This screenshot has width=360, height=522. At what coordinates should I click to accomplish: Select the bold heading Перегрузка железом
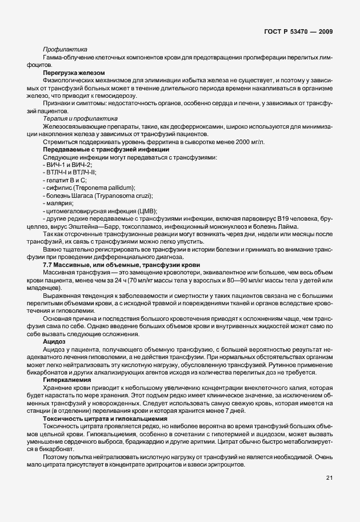click(74, 73)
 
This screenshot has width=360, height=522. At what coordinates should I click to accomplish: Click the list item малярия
click(58, 203)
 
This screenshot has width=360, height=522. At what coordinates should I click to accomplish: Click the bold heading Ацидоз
click(54, 341)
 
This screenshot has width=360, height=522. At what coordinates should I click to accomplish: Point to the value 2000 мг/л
click(249, 142)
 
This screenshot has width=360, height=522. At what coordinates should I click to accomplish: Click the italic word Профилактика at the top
click(63, 50)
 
